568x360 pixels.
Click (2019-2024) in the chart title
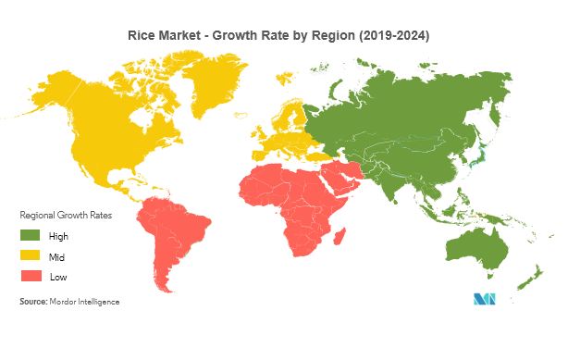click(x=398, y=35)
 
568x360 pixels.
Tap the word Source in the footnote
click(x=34, y=302)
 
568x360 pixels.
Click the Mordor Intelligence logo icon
click(x=486, y=299)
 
